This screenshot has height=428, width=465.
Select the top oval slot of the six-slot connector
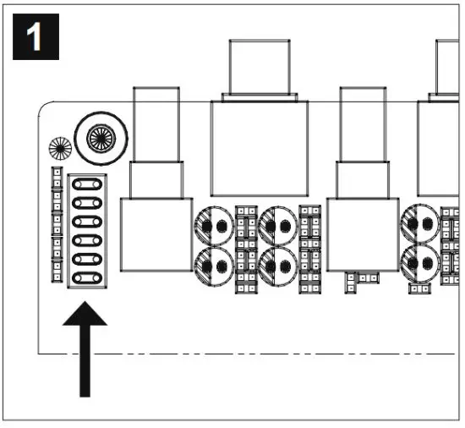[84, 184]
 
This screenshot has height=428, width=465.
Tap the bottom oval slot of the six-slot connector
[84, 277]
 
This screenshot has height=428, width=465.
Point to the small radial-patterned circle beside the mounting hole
[59, 150]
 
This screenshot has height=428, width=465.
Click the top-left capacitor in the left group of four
[216, 225]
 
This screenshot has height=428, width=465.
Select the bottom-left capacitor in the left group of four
[216, 264]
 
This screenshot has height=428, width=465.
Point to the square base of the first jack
[156, 235]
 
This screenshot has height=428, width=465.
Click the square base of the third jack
[362, 235]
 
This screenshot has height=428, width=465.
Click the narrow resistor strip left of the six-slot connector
[57, 224]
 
